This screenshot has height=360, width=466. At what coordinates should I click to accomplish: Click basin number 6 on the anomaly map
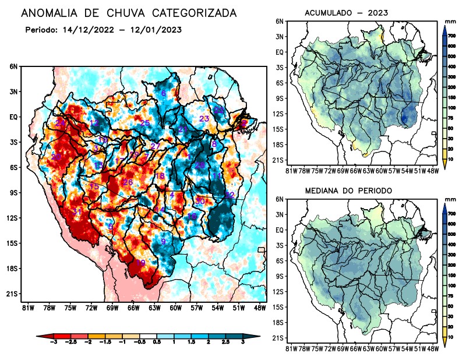[164, 93]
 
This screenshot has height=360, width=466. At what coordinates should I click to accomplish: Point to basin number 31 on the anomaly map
[77, 211]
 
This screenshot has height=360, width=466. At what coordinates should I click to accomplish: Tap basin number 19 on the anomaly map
[140, 263]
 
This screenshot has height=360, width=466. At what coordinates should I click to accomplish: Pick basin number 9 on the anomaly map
[164, 242]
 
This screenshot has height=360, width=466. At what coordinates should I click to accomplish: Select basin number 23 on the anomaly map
[204, 119]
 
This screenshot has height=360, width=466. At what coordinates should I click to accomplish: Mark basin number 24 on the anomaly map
[60, 123]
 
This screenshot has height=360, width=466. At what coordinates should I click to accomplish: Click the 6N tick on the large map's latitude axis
[13, 66]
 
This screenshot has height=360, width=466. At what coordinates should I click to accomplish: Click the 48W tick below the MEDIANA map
[433, 349]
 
